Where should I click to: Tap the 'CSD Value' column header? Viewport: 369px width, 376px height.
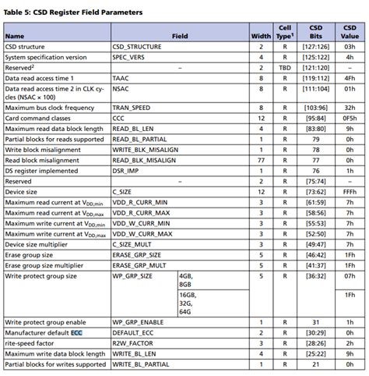(350, 31)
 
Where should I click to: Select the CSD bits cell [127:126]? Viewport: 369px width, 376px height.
(316, 47)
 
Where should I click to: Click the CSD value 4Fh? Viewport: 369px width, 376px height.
(350, 78)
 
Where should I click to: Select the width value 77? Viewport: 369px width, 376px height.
(262, 159)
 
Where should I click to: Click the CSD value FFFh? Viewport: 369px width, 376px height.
(350, 191)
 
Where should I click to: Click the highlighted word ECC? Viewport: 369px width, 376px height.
(76, 332)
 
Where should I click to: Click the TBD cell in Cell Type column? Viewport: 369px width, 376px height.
(285, 68)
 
